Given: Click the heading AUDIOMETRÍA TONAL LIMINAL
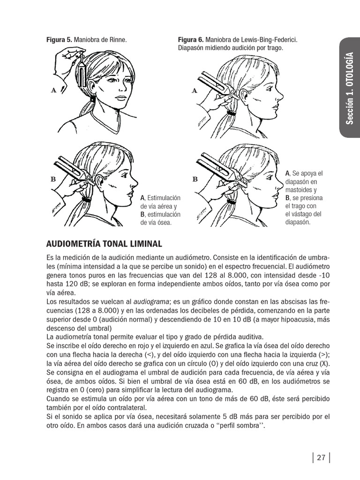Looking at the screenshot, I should (x=104, y=244).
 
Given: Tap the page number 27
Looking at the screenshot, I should (x=321, y=458).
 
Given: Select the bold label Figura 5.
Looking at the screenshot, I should (x=59, y=40).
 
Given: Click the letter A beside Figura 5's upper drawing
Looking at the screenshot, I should (x=54, y=90).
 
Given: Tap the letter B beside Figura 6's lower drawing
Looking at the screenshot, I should (x=195, y=179).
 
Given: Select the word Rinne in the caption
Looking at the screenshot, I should (x=118, y=40).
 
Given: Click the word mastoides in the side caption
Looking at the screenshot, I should (x=300, y=190).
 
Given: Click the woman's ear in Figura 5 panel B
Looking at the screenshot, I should (x=100, y=180).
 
